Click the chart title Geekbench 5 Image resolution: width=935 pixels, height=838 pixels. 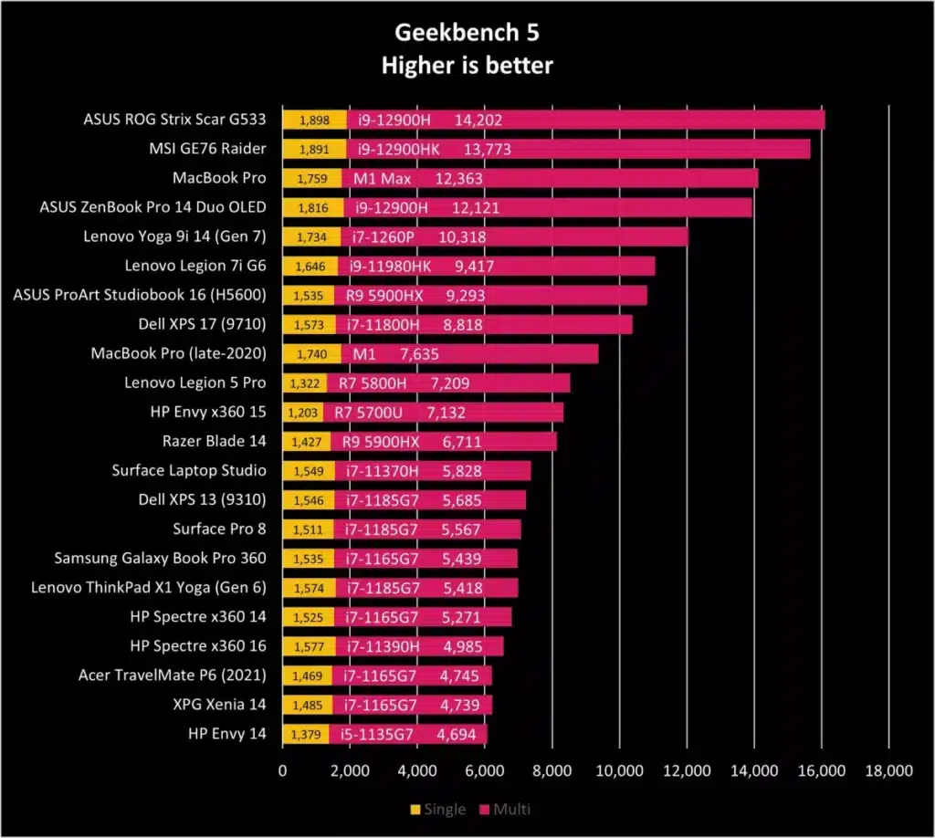coord(467,33)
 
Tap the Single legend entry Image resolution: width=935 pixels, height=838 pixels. coord(438,809)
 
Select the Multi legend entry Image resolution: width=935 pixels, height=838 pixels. coord(505,809)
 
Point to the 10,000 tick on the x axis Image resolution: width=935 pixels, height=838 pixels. coord(620,770)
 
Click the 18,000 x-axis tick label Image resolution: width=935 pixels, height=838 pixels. coord(889,770)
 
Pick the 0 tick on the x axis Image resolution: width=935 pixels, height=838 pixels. coord(283,770)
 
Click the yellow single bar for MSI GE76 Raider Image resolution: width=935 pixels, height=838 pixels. coord(314,149)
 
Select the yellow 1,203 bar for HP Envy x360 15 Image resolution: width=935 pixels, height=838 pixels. coord(303,413)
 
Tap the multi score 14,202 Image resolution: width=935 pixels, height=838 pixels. coord(478,120)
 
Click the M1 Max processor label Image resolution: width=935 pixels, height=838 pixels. coord(383,178)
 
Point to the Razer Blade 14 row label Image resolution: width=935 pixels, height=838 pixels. coord(214,441)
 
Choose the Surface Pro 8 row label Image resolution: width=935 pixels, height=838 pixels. coord(219,529)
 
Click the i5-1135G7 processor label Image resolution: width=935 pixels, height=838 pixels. coord(377,734)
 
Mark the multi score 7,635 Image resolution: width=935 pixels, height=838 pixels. coord(419,354)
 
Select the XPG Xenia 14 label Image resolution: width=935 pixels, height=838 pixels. coord(219,704)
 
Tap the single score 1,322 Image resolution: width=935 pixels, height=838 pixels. coord(305,383)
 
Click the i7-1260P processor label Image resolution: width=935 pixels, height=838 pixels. coord(383,237)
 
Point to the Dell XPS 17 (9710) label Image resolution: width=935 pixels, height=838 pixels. coord(202,324)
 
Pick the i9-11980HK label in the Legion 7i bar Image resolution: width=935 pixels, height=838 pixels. coord(390,267)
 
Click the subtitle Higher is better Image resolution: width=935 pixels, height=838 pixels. coord(467,65)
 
